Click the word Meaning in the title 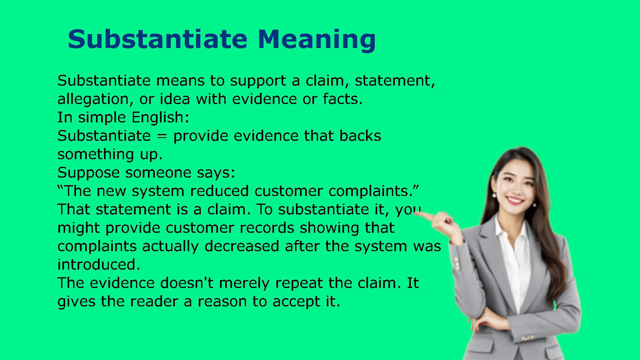coord(317,40)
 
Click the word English coord(160,118)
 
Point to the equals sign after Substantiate coord(162,136)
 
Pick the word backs coord(360,136)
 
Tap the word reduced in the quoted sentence coord(220,191)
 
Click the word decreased coord(242,246)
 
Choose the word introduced coord(99,264)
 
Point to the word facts coord(342,99)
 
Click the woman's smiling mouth coord(515,200)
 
